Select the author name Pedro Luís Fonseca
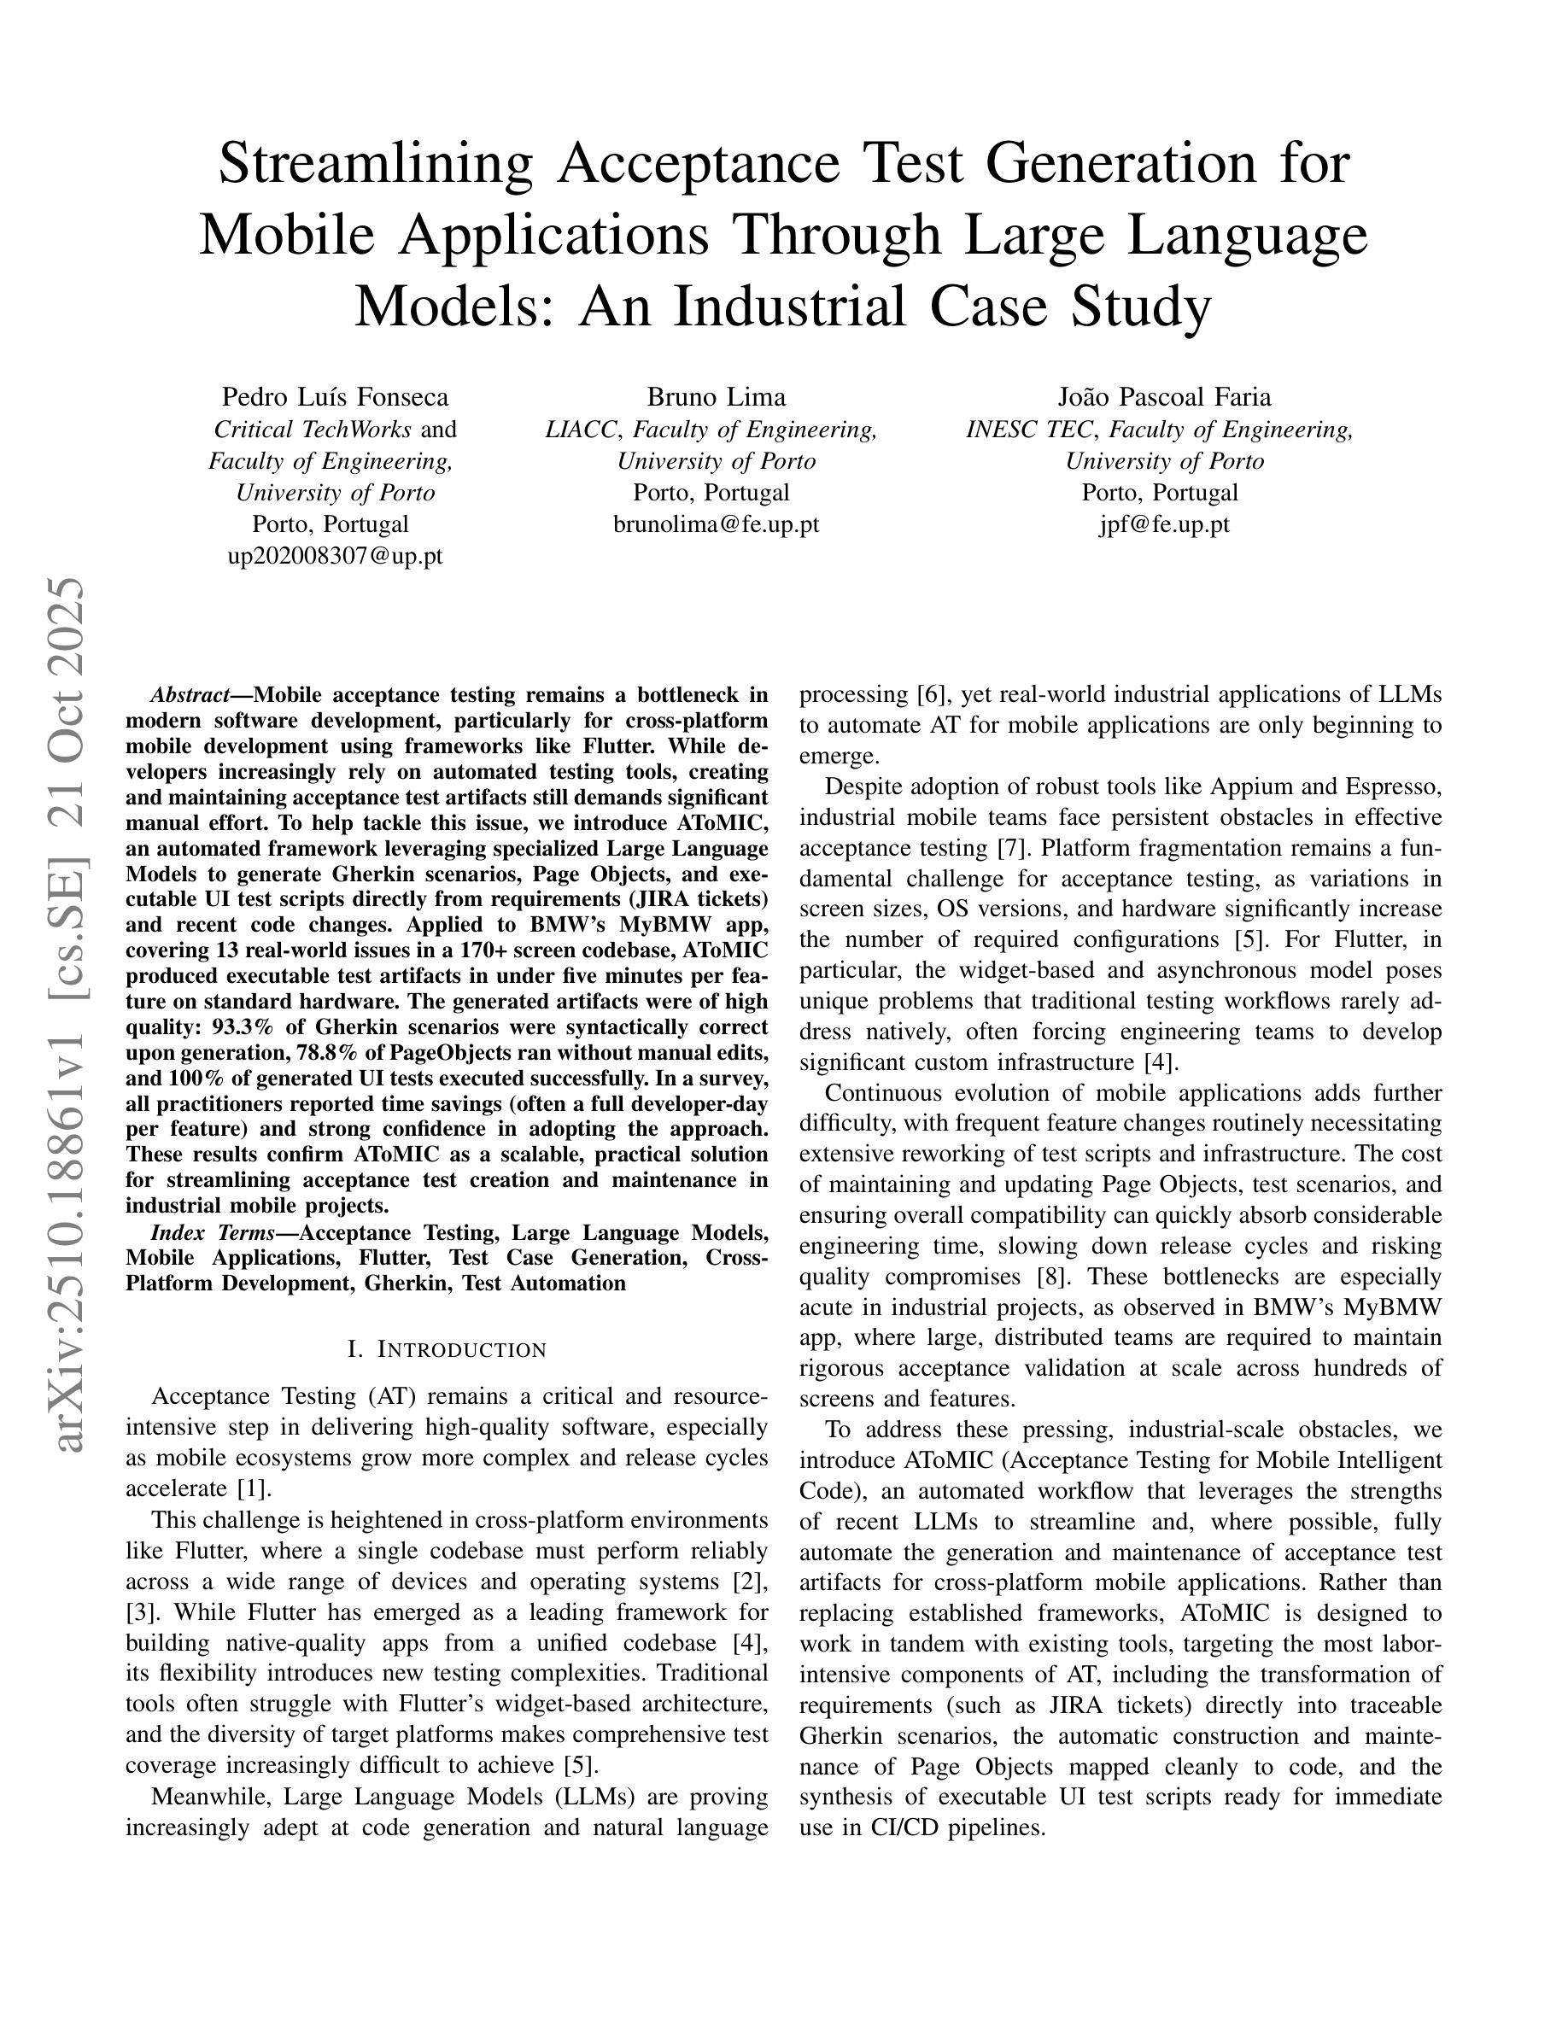coord(335,398)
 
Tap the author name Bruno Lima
coord(717,398)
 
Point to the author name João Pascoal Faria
coord(1164,398)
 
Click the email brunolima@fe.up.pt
coord(717,525)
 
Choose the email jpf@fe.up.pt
coord(1164,525)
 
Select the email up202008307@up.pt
coord(335,557)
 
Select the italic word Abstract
coord(190,696)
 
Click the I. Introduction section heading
coord(447,1349)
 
